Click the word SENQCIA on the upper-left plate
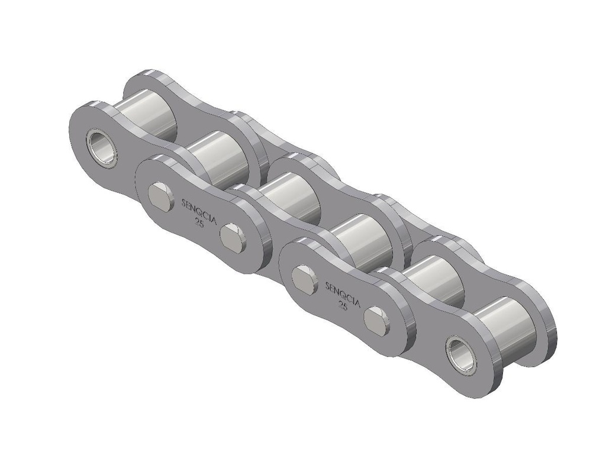198,211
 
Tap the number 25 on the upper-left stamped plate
199,223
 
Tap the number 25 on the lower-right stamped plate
342,306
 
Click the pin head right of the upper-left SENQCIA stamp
233,238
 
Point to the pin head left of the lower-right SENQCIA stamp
305,277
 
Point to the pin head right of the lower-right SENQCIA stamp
376,321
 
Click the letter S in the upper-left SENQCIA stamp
182,203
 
